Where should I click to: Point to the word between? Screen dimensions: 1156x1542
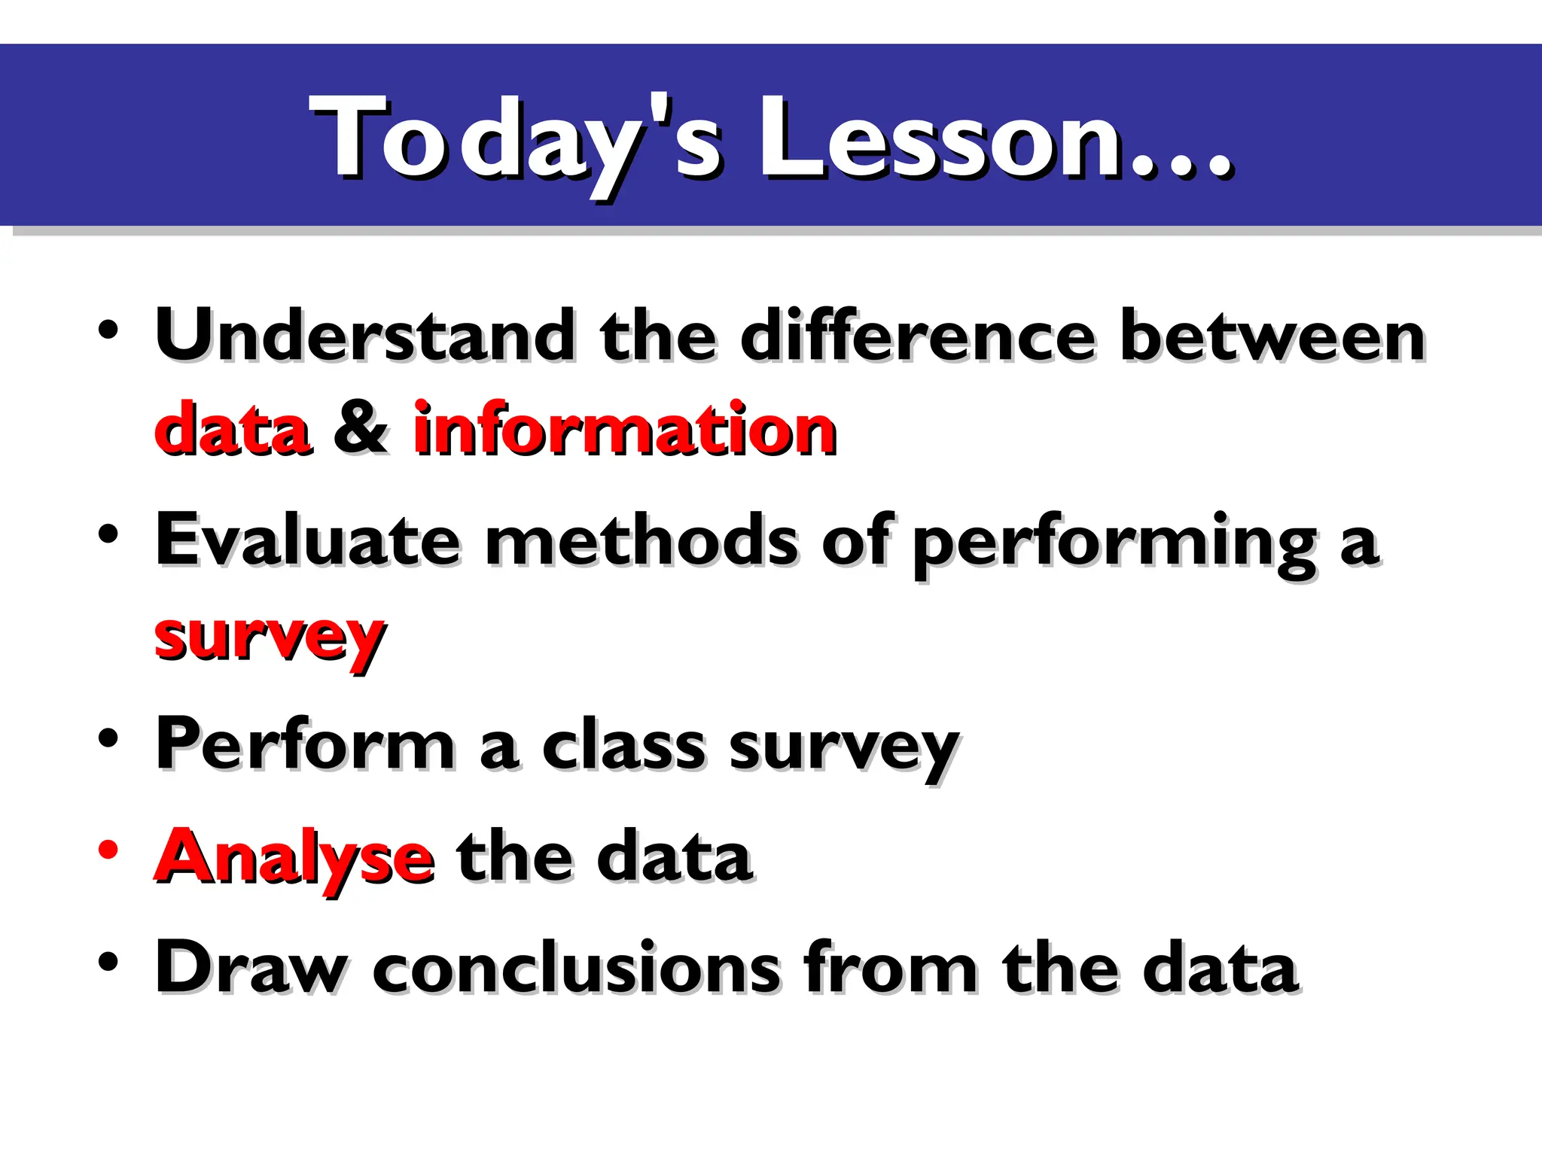tap(1272, 336)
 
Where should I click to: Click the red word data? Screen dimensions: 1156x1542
tap(233, 430)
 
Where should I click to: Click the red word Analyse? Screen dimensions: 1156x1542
tap(294, 858)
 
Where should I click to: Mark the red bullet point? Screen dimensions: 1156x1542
tap(108, 849)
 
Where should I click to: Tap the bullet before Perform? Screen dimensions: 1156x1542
tap(108, 738)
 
